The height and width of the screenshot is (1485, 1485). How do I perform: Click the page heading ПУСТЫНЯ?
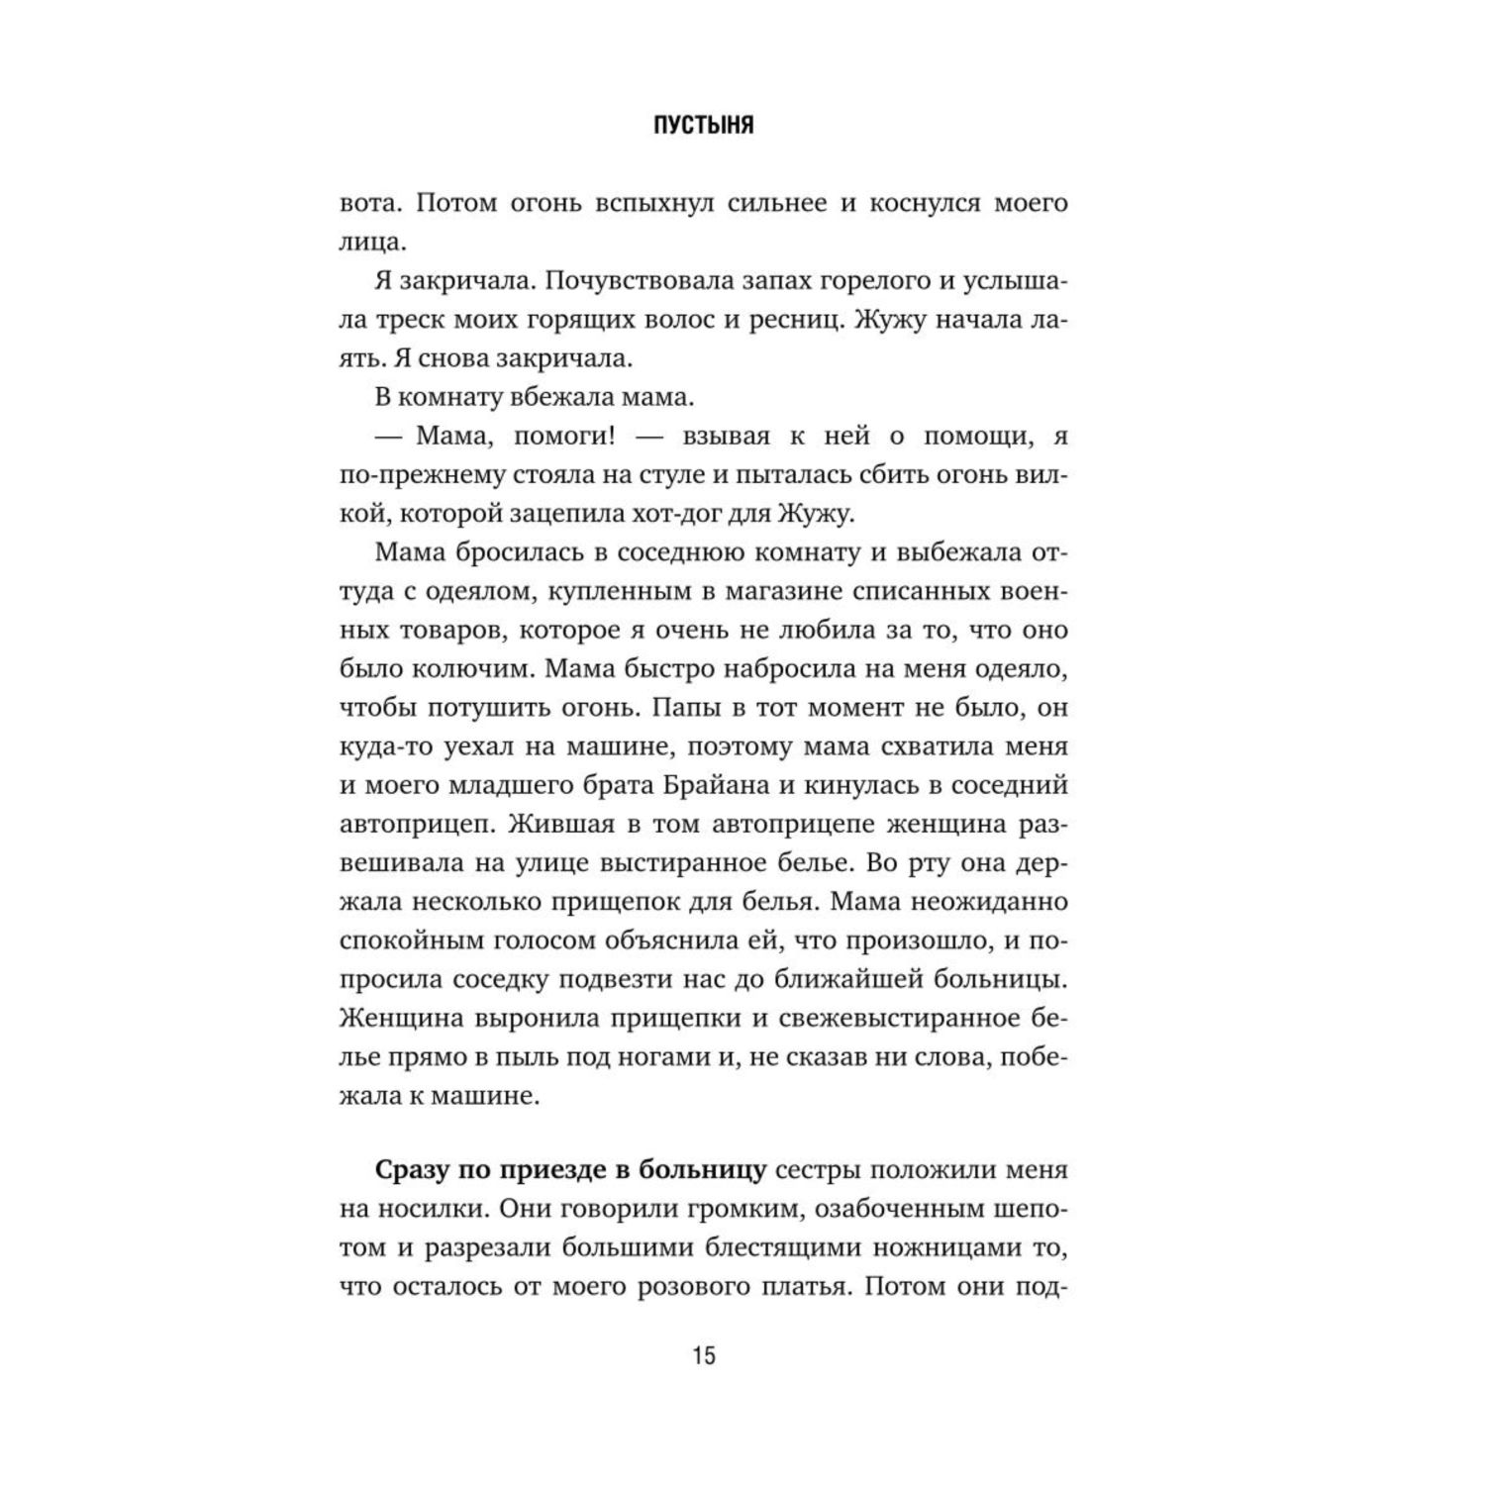point(704,126)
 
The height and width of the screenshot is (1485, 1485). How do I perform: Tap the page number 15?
point(704,1355)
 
